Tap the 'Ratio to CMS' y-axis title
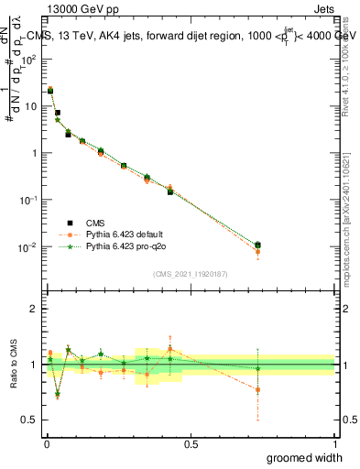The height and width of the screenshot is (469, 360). tap(13, 365)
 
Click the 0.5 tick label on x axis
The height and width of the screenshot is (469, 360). tap(191, 442)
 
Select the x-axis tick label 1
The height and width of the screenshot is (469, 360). tap(334, 442)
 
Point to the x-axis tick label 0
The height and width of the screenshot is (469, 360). tap(45, 442)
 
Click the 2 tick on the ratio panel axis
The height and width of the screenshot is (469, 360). tap(33, 309)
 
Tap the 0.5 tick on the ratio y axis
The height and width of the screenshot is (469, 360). tap(29, 420)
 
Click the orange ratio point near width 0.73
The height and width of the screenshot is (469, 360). tap(257, 389)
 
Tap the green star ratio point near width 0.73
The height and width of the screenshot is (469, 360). tap(257, 368)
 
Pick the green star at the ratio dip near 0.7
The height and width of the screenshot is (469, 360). tap(58, 394)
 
